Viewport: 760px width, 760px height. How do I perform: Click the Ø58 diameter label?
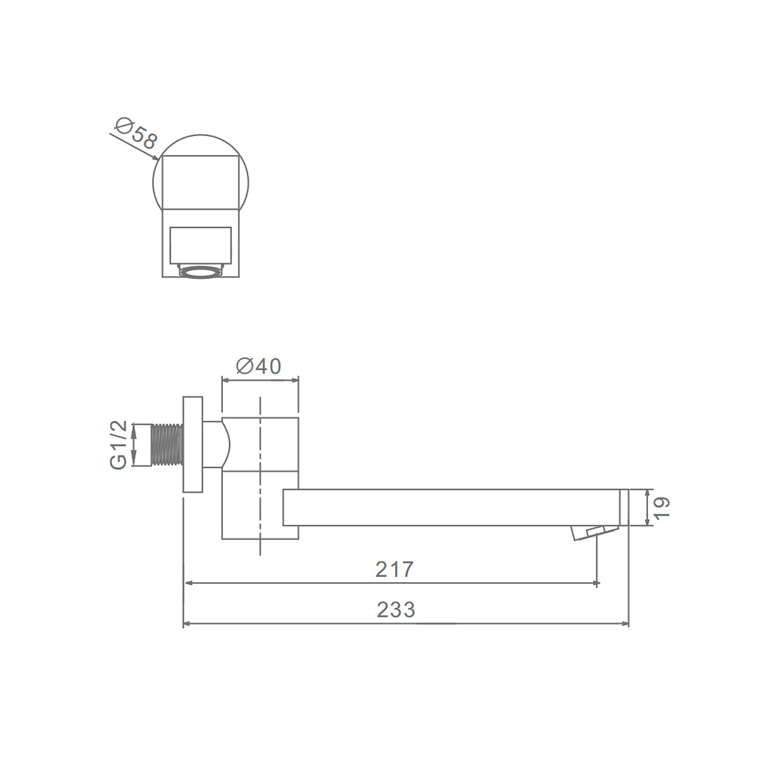[136, 133]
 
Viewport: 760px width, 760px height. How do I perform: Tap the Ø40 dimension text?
[258, 367]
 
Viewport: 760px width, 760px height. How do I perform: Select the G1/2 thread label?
[118, 445]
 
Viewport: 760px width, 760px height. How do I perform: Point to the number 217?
[394, 569]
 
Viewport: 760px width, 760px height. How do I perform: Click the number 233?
[396, 610]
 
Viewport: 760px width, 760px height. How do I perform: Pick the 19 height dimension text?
[662, 507]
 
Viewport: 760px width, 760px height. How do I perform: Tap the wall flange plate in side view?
[193, 445]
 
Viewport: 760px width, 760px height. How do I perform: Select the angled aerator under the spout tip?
[593, 533]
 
